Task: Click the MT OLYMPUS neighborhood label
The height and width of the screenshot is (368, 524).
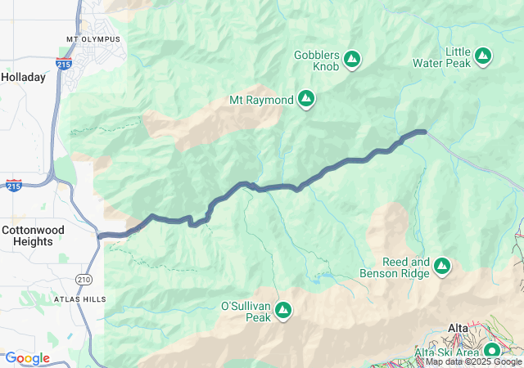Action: click(x=93, y=39)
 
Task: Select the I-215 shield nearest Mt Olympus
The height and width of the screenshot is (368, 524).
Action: click(x=64, y=62)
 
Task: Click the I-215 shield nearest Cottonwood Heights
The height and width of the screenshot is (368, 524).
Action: click(x=13, y=186)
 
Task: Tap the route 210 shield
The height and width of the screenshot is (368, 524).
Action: click(x=83, y=280)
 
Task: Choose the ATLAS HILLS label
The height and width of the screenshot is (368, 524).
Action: click(x=80, y=300)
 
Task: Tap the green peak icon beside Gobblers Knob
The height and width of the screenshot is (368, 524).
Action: click(x=352, y=58)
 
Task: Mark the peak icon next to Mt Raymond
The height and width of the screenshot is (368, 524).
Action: click(x=306, y=99)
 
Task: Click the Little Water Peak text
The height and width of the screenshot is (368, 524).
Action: click(x=458, y=58)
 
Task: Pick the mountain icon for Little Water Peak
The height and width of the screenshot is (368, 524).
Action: click(x=484, y=56)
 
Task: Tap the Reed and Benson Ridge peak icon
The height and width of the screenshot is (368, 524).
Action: click(x=442, y=266)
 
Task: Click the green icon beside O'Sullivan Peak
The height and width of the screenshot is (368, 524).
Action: click(x=283, y=309)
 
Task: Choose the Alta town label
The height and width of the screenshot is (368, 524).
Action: click(x=458, y=328)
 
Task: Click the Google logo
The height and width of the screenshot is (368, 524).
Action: click(x=27, y=358)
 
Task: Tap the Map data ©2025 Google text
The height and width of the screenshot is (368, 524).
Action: click(x=473, y=361)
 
